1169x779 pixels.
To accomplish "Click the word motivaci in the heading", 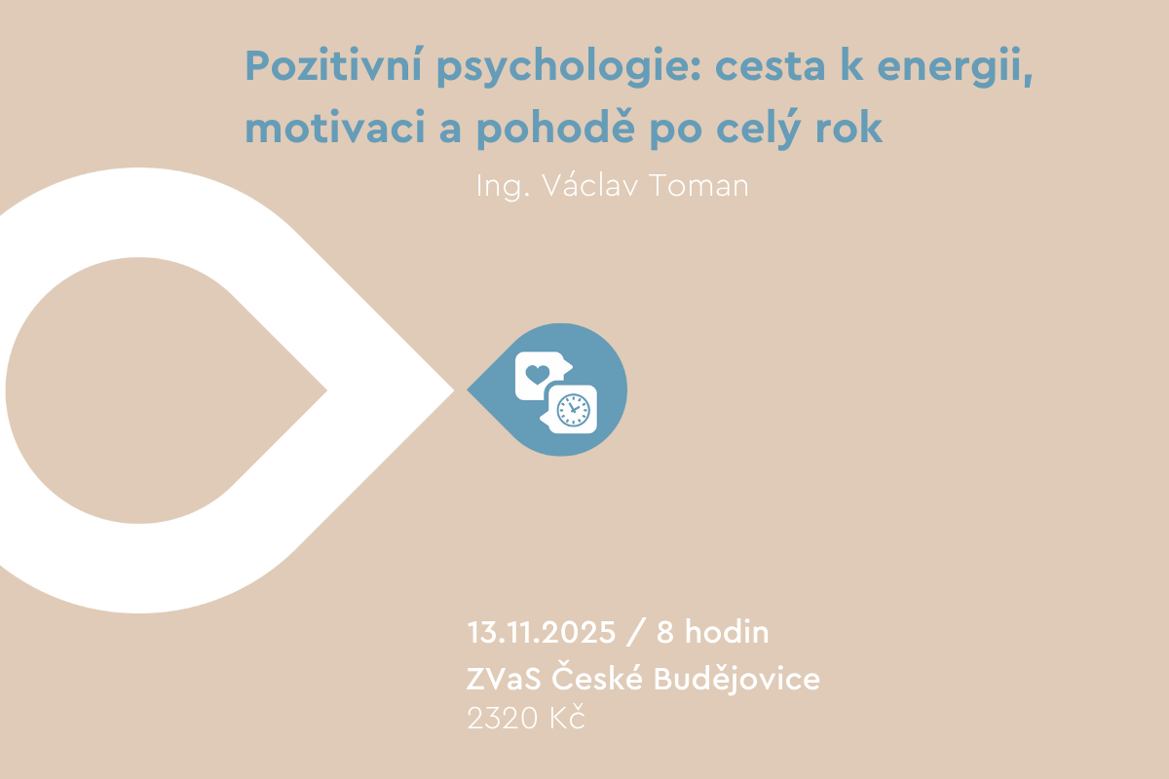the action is [x=335, y=127].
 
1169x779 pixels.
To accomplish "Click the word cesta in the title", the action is [x=770, y=68].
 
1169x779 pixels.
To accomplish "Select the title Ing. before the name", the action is [x=503, y=186].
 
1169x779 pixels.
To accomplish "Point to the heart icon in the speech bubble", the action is [x=538, y=374].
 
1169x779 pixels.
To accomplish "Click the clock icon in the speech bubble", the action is [x=574, y=410].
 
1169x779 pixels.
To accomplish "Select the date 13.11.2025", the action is [x=542, y=632].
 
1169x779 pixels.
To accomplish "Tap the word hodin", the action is [x=727, y=631].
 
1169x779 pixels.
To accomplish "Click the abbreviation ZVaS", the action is [x=504, y=679].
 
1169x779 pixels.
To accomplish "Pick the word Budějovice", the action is [x=736, y=679].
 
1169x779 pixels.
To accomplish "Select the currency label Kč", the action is [x=567, y=716].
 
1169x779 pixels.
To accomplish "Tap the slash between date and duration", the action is [x=635, y=632].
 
